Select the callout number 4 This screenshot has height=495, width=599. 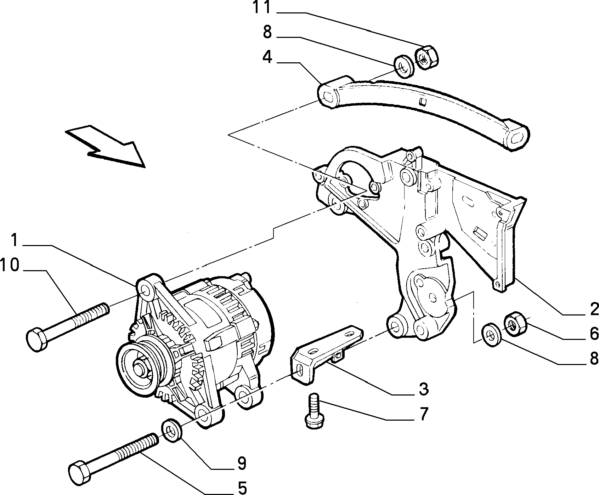pyautogui.click(x=267, y=57)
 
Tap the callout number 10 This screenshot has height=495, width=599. pyautogui.click(x=10, y=265)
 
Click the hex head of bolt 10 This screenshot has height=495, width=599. pyautogui.click(x=36, y=340)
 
